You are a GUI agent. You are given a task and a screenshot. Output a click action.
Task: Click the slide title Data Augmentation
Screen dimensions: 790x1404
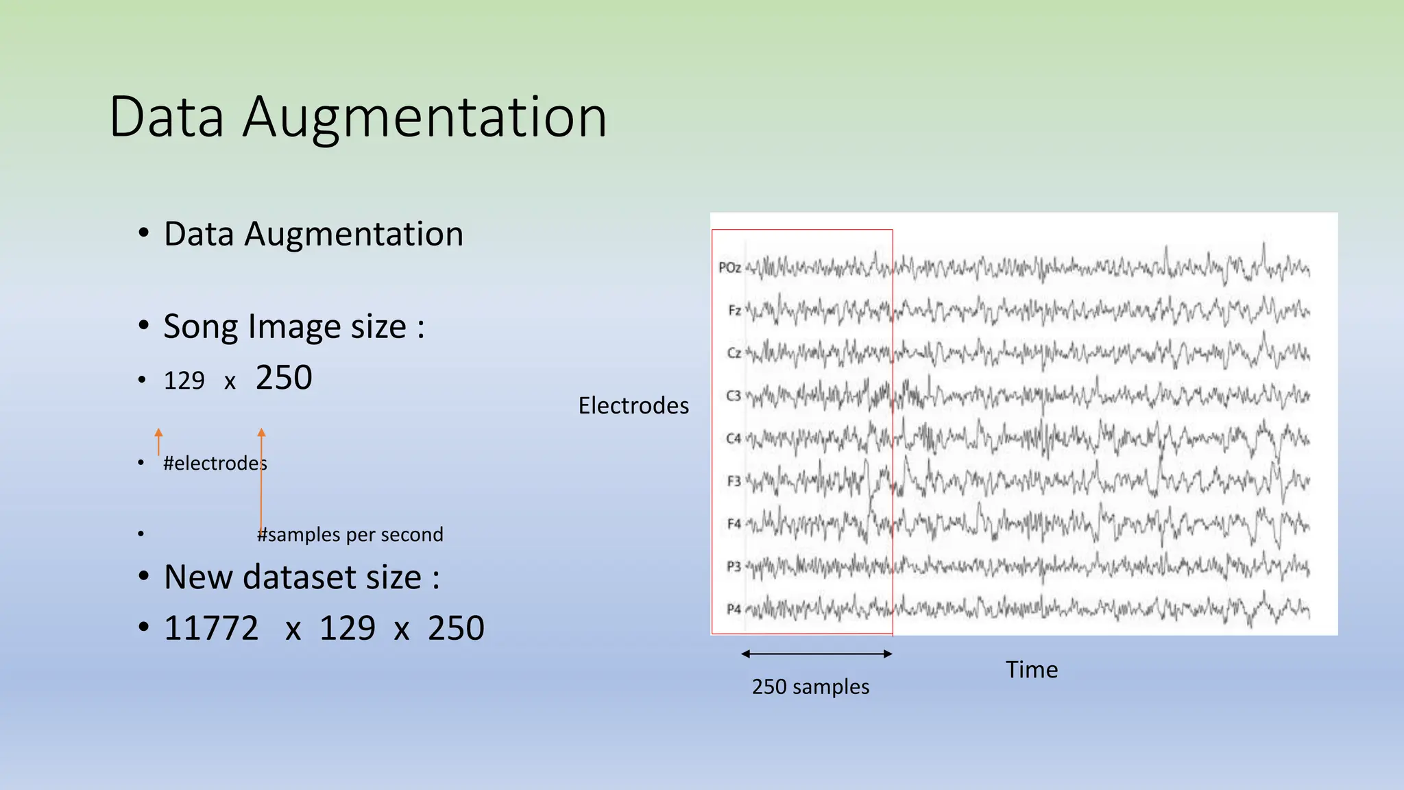click(x=358, y=117)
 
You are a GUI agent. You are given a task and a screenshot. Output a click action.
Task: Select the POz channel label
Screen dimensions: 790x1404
click(x=729, y=267)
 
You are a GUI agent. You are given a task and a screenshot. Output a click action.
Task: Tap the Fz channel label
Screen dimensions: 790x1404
click(x=734, y=310)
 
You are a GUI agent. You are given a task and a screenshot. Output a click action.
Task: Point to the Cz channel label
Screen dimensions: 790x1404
click(x=734, y=353)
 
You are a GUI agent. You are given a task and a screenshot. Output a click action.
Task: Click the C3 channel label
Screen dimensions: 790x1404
click(x=734, y=396)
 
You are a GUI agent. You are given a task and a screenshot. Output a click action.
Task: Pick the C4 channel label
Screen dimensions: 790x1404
click(x=734, y=438)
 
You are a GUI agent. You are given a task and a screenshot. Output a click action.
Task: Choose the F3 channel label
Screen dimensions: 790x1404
click(x=734, y=481)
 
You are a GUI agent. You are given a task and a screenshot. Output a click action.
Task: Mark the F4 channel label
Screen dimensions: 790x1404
click(x=734, y=524)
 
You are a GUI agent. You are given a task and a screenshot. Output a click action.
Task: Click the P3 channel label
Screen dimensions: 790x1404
click(x=734, y=566)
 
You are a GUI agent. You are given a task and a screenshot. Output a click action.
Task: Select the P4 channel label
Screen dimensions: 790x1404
click(x=734, y=609)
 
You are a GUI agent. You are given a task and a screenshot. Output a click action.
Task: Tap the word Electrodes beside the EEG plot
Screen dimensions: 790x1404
click(x=633, y=405)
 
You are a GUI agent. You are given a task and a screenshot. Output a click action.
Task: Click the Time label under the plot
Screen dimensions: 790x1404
click(x=1031, y=669)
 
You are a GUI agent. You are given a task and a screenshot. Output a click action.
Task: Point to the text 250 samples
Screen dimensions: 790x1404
click(x=810, y=686)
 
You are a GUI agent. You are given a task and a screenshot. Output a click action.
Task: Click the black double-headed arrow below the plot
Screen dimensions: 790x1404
click(x=816, y=654)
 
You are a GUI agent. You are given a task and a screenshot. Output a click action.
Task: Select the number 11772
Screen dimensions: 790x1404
click(x=211, y=628)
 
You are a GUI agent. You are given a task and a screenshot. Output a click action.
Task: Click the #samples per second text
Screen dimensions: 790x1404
click(x=350, y=534)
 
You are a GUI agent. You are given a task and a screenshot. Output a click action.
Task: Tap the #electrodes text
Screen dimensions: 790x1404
click(x=215, y=464)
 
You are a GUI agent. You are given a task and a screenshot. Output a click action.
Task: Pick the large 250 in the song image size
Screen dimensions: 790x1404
click(x=284, y=378)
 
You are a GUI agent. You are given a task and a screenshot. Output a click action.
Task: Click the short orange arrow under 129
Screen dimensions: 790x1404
click(x=158, y=441)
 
